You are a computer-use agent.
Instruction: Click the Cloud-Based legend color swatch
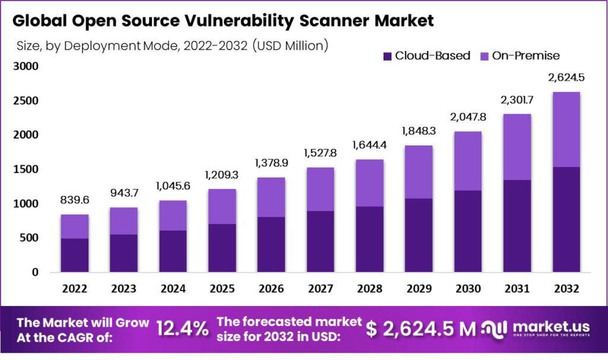coord(388,56)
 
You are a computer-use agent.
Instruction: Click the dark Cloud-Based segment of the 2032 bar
coord(566,219)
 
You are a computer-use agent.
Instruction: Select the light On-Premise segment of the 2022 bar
coord(74,226)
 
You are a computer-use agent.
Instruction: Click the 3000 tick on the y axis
coord(26,67)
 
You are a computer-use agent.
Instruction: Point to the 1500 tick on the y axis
coord(26,169)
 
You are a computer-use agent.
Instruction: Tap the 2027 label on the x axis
coord(320,288)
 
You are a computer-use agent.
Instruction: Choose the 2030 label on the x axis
coord(467,288)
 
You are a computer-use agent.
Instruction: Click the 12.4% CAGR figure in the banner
coord(182,329)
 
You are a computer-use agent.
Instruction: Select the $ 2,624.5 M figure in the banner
coord(421,329)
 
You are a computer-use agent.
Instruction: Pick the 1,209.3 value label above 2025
coord(221,176)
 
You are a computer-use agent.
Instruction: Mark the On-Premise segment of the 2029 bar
coord(418,172)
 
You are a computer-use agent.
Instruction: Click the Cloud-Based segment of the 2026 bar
coord(271,244)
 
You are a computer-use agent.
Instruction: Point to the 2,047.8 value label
coord(467,117)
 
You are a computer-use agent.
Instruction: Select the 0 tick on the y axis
coord(34,272)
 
